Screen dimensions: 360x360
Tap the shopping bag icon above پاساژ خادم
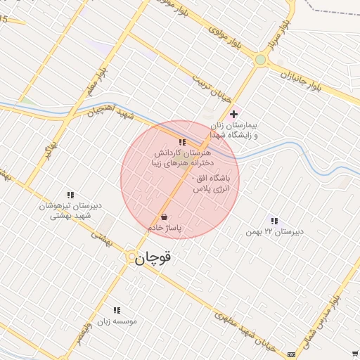coord(164,217)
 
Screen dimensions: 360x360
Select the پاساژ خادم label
coord(165,229)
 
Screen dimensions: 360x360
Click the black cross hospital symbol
coord(234,114)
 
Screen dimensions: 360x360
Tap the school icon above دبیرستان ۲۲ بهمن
coord(274,221)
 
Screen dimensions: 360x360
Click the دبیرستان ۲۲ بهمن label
coord(274,231)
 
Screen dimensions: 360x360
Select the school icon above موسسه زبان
coord(117,309)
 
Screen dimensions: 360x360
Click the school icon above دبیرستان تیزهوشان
coord(70,194)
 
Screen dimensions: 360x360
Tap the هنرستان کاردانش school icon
coord(182,142)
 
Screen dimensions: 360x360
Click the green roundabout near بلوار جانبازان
coord(261,60)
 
